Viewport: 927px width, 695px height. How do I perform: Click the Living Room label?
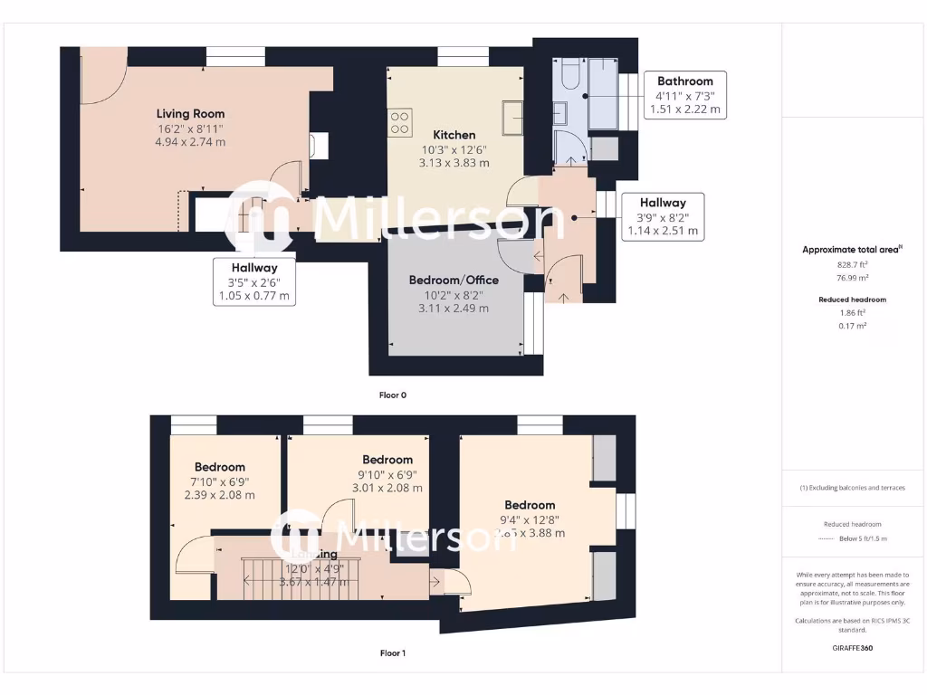[190, 114]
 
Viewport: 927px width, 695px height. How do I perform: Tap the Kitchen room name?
[454, 135]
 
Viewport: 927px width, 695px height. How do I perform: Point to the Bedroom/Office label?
[454, 280]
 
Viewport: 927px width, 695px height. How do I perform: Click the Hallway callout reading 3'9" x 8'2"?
[663, 216]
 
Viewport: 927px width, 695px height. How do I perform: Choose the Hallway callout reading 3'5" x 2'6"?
[253, 281]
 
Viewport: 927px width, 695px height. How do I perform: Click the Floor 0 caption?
[393, 395]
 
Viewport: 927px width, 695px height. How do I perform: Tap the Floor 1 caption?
[393, 652]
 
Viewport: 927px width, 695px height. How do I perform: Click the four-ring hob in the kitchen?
[399, 122]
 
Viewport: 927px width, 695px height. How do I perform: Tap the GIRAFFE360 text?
[854, 648]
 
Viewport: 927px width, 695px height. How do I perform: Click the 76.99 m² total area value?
[853, 278]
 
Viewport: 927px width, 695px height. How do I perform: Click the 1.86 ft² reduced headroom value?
[853, 312]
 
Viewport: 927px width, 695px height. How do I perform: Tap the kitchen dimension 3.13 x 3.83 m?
[454, 164]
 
